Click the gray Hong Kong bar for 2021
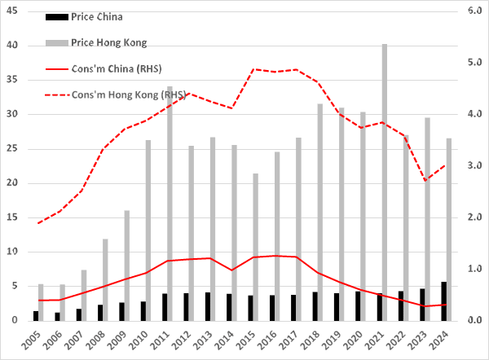coord(385,182)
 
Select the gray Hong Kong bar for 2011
coord(170,204)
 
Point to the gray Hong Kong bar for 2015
coord(255,247)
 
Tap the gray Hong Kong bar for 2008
coord(105,279)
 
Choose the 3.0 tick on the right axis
coord(474,166)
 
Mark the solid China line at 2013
coord(208,258)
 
